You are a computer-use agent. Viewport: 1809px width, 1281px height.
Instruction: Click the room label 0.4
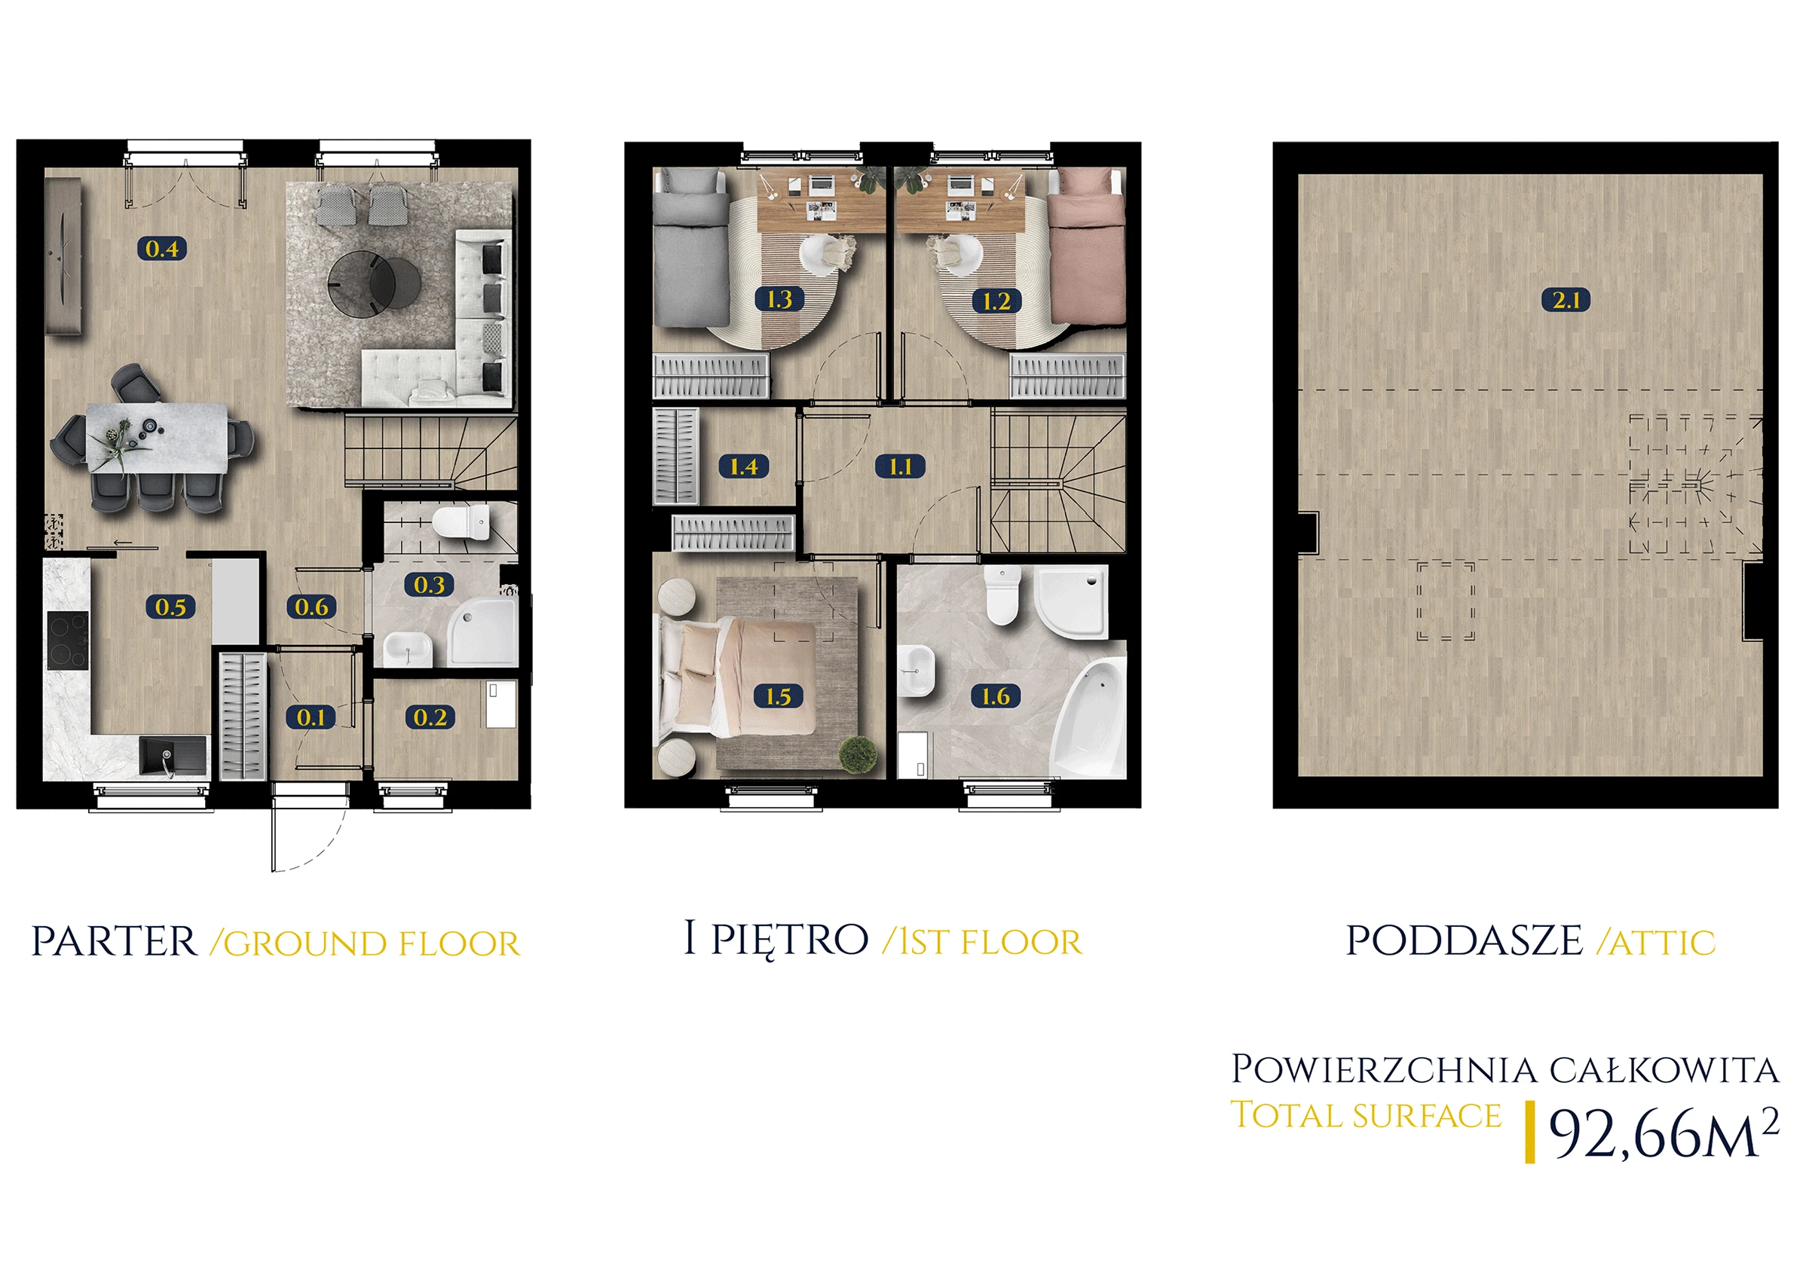pos(162,249)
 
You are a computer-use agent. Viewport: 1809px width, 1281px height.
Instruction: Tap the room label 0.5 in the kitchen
pos(170,607)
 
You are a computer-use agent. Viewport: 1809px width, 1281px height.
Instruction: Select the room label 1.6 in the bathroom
pos(996,696)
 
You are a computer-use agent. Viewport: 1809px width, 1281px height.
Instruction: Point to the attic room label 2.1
pos(1566,300)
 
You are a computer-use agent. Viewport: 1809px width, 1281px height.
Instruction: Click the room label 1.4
pos(743,466)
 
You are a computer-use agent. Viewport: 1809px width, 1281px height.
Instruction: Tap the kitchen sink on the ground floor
pos(173,756)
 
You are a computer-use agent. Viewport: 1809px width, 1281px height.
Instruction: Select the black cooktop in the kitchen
pos(68,640)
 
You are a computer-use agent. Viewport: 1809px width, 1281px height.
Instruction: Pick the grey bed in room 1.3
pos(691,248)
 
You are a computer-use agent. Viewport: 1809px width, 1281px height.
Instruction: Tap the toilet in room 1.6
pos(1002,595)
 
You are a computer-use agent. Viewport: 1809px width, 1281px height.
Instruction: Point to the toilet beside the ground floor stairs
pos(461,522)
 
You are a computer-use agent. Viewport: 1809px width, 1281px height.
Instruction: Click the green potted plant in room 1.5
pos(859,754)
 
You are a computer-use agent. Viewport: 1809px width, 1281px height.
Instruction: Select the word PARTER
pos(115,941)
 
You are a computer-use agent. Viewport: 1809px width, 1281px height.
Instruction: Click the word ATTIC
pos(1662,943)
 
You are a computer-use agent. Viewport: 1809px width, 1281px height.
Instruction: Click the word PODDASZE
pos(1465,940)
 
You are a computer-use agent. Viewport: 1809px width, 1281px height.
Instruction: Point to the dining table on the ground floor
pos(157,439)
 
